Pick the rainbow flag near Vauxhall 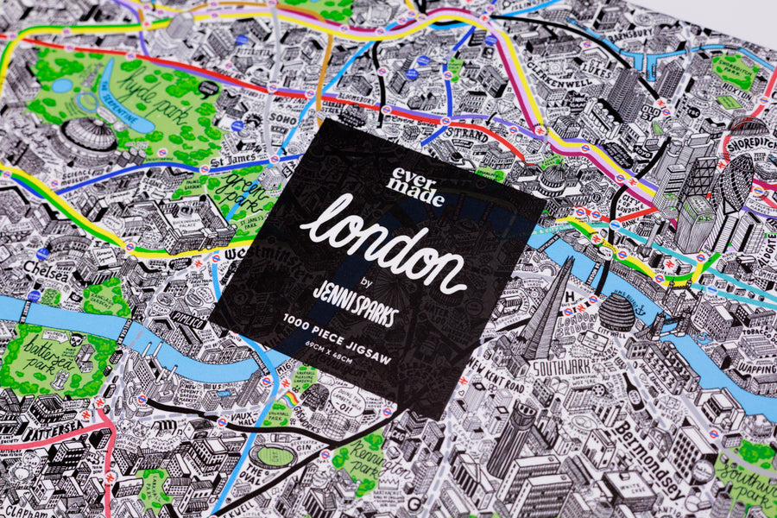pyautogui.click(x=292, y=398)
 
